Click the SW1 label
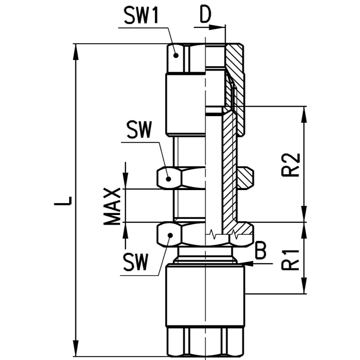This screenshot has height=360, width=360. (141, 15)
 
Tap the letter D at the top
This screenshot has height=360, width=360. (205, 14)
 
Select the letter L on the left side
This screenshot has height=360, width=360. (63, 201)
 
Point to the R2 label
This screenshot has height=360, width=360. (291, 165)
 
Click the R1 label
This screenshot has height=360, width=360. (291, 259)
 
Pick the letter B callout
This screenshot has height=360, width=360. (261, 250)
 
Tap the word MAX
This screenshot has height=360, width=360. (112, 206)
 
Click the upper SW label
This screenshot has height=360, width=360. (140, 130)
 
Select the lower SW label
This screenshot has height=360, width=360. (135, 262)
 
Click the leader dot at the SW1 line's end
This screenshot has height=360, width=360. (176, 55)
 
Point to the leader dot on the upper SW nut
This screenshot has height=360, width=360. (168, 179)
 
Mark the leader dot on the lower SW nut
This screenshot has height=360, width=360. (170, 235)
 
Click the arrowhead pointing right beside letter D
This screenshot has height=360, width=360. (217, 27)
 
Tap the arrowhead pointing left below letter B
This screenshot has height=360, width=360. (250, 264)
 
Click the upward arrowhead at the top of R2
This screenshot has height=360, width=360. (304, 115)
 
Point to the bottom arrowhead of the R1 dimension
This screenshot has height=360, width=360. (304, 285)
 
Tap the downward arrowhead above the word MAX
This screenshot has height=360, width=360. (125, 180)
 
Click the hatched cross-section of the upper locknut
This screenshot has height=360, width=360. (245, 178)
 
